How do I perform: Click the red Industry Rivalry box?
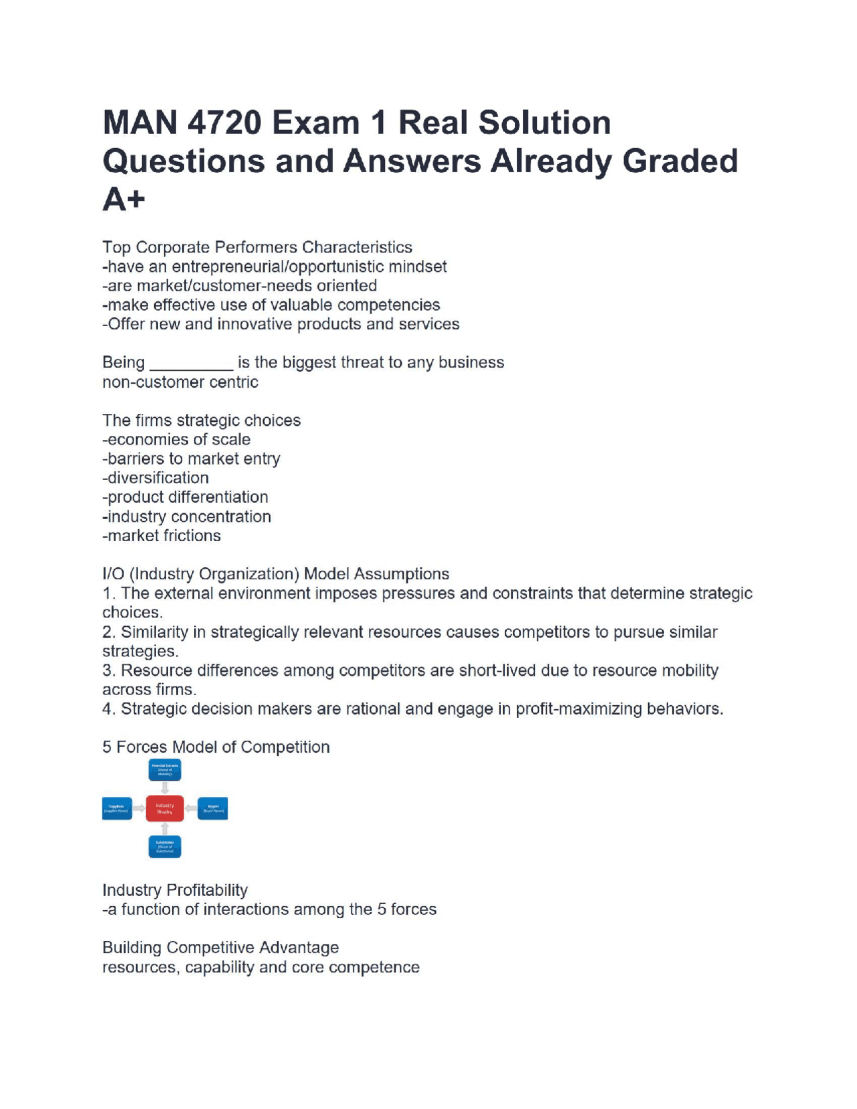click(x=165, y=808)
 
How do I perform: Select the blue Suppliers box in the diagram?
click(x=116, y=808)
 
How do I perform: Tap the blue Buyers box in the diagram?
click(x=213, y=808)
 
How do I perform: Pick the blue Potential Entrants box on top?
click(x=165, y=769)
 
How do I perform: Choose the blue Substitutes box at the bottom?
click(x=165, y=846)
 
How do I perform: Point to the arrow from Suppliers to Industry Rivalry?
click(x=139, y=808)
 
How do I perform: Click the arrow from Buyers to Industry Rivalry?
click(x=191, y=808)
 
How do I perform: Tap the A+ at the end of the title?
click(x=124, y=200)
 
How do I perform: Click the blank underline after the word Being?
click(x=191, y=364)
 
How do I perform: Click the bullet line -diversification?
click(x=155, y=478)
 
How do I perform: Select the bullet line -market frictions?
click(x=161, y=536)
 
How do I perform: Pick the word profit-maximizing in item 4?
click(x=578, y=709)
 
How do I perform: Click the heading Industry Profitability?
click(x=175, y=891)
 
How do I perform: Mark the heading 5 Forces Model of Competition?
click(x=216, y=747)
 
